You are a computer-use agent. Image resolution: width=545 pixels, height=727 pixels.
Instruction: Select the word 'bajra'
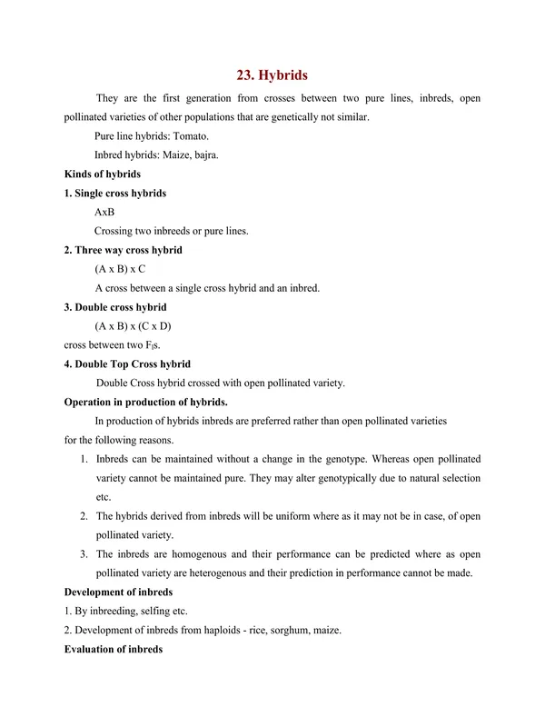tap(201, 154)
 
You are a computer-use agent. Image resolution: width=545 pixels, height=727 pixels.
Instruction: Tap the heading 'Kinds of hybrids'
tap(102, 174)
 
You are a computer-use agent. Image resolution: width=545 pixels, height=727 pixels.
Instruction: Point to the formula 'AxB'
tap(104, 212)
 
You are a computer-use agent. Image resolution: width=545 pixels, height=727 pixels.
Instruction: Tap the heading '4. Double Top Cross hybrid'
tap(127, 364)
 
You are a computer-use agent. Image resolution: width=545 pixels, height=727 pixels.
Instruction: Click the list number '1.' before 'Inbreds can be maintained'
tap(84, 459)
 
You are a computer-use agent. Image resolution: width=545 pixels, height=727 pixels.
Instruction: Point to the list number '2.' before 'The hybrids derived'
tap(84, 516)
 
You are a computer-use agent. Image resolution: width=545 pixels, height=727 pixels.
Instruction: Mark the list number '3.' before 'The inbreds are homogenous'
tap(84, 554)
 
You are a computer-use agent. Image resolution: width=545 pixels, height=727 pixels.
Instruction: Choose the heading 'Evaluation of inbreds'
tap(114, 650)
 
